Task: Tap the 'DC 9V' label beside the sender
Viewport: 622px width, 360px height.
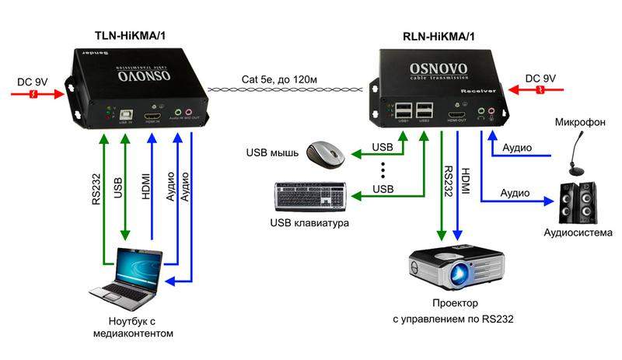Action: [x=33, y=81]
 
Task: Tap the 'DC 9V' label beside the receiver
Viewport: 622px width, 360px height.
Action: [x=541, y=79]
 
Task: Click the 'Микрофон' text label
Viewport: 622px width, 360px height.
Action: [x=575, y=123]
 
